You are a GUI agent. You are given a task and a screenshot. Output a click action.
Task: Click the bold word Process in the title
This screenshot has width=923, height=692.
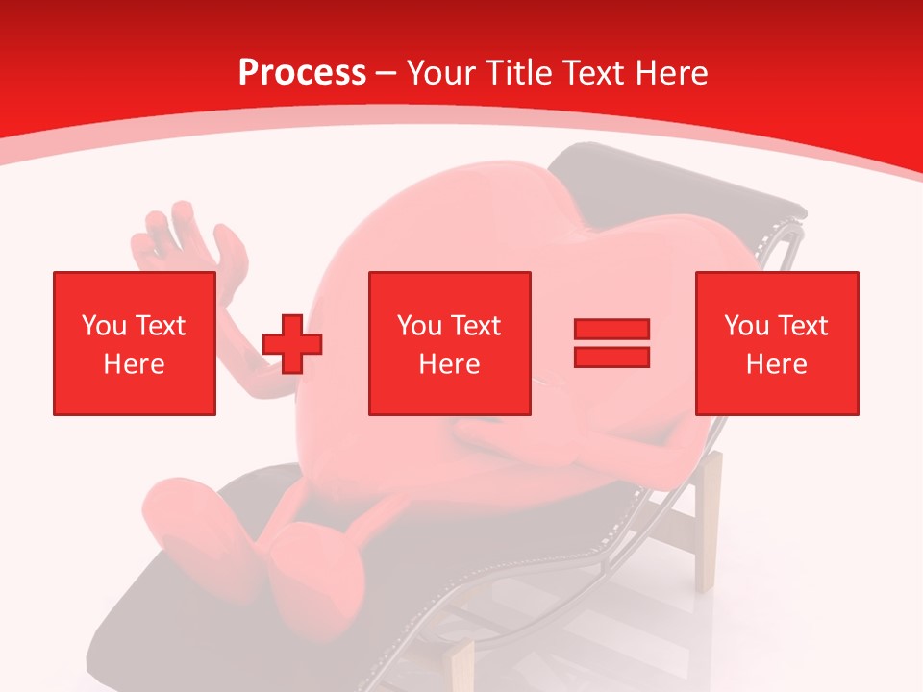(x=302, y=73)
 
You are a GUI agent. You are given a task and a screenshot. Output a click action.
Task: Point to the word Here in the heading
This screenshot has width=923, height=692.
(x=672, y=73)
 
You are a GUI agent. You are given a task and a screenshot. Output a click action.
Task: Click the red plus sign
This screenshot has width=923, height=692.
(x=292, y=343)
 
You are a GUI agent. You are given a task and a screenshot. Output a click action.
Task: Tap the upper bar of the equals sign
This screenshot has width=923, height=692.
(x=611, y=330)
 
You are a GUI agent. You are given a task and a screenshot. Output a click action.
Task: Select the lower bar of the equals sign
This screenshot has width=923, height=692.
(x=611, y=358)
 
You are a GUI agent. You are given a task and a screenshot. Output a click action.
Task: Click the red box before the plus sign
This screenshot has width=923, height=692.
(x=135, y=343)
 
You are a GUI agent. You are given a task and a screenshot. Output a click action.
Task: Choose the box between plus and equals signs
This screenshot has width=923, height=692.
(x=449, y=343)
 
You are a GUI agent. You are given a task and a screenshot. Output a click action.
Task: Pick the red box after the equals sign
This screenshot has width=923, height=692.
(x=776, y=343)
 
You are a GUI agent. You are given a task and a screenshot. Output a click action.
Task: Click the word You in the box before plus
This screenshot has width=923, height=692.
(x=103, y=326)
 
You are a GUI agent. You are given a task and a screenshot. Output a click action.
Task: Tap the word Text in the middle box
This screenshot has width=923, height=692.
(x=475, y=326)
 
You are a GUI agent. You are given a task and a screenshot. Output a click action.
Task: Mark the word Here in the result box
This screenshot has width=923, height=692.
(x=776, y=364)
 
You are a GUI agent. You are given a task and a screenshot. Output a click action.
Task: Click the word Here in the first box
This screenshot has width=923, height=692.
(x=135, y=364)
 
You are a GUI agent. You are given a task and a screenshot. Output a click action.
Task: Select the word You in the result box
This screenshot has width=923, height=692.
(x=745, y=326)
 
